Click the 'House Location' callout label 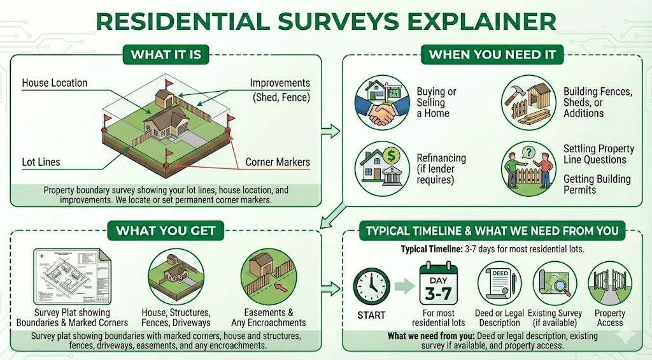pyautogui.click(x=55, y=83)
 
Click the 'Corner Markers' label pyautogui.click(x=278, y=162)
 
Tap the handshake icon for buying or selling pyautogui.click(x=381, y=102)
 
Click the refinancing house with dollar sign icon pyautogui.click(x=381, y=169)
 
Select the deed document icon pyautogui.click(x=499, y=283)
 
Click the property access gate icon pyautogui.click(x=609, y=283)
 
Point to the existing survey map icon pyautogui.click(x=554, y=283)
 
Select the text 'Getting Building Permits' pyautogui.click(x=597, y=185)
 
